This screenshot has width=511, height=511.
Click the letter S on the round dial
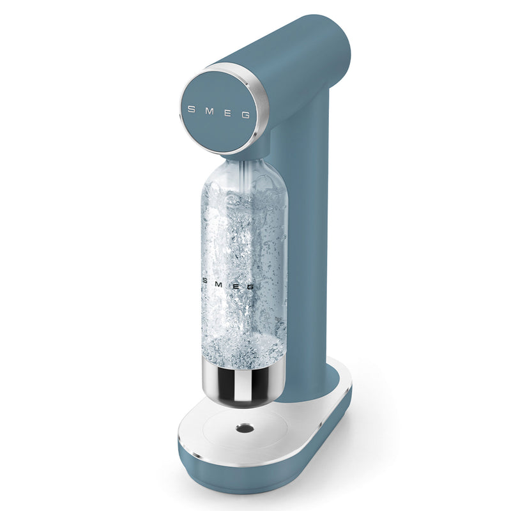coord(192,109)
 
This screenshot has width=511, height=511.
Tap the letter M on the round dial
coord(210,111)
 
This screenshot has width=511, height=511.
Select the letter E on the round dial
coord(228,114)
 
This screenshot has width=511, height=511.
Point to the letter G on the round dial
coord(245,115)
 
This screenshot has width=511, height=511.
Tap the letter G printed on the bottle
coord(249,287)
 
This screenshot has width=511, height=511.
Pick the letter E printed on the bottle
coord(234,286)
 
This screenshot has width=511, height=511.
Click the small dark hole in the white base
coord(245,428)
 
